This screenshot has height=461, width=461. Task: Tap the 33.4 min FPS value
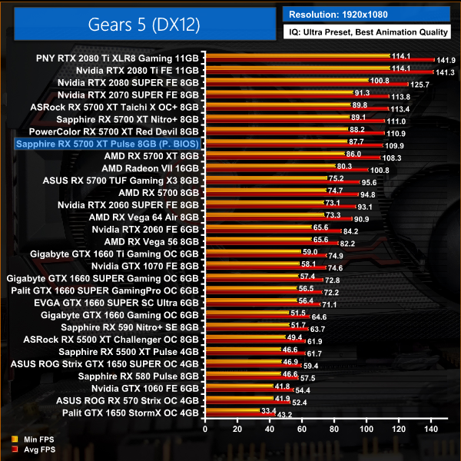coord(269,411)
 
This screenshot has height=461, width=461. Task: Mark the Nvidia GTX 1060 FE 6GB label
coord(145,388)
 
